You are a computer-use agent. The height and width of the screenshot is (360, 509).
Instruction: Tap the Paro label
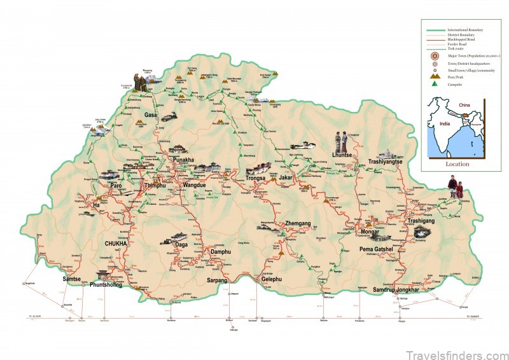pyautogui.click(x=116, y=186)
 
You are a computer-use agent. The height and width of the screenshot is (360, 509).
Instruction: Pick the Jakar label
pyautogui.click(x=286, y=179)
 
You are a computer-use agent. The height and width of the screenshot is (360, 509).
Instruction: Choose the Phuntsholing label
pyautogui.click(x=116, y=284)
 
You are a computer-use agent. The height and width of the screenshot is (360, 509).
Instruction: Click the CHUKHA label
pyautogui.click(x=116, y=242)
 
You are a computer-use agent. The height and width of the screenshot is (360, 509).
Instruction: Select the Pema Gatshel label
pyautogui.click(x=378, y=249)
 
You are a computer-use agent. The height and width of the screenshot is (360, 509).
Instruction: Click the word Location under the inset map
pyautogui.click(x=457, y=164)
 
